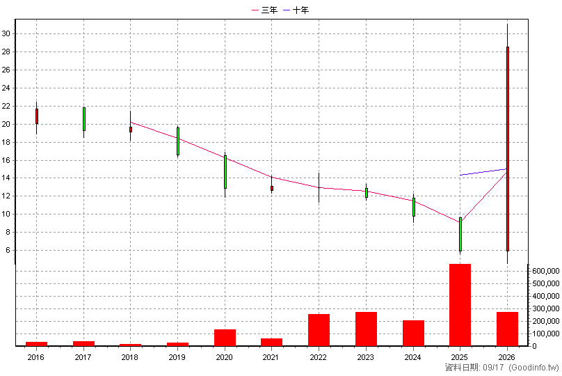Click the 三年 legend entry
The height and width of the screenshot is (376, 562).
click(x=265, y=10)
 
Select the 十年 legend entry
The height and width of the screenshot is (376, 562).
click(x=296, y=10)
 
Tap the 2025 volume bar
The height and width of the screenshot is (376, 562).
click(x=460, y=305)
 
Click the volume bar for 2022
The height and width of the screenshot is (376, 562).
click(x=319, y=330)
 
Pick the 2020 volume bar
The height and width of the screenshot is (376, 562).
click(x=225, y=338)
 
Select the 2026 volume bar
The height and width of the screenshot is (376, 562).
click(x=507, y=329)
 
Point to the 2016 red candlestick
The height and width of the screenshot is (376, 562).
click(x=37, y=116)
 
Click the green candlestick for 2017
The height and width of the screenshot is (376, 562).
click(x=84, y=119)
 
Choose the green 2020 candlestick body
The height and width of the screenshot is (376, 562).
click(x=225, y=172)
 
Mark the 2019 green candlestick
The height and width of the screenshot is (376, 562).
click(x=178, y=141)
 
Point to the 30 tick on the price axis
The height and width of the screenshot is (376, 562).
click(x=6, y=33)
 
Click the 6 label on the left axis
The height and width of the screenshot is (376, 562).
click(x=8, y=251)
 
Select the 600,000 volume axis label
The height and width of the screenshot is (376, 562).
click(x=546, y=272)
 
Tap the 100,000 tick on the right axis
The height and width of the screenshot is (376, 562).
click(x=546, y=334)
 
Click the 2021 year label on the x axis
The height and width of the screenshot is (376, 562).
click(x=271, y=357)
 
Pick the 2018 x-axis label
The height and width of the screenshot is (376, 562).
click(x=130, y=357)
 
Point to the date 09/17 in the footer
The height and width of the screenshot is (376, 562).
click(x=493, y=368)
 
